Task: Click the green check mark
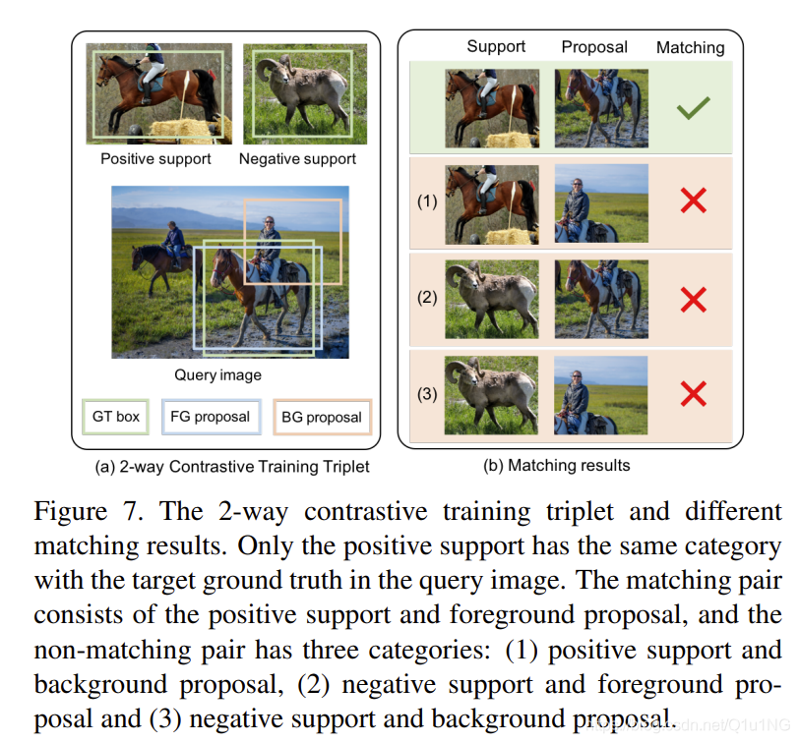pyautogui.click(x=693, y=107)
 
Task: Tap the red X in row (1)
pyautogui.click(x=694, y=200)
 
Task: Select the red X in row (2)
pyautogui.click(x=694, y=299)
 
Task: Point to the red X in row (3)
pyautogui.click(x=694, y=394)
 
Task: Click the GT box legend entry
pyautogui.click(x=116, y=417)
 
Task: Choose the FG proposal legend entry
pyautogui.click(x=211, y=417)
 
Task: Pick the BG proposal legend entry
pyautogui.click(x=322, y=418)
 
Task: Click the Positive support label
pyautogui.click(x=155, y=159)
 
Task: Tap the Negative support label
pyautogui.click(x=297, y=159)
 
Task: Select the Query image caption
pyautogui.click(x=217, y=375)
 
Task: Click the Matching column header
pyautogui.click(x=690, y=47)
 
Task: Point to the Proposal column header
pyautogui.click(x=594, y=47)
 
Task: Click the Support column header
pyautogui.click(x=496, y=46)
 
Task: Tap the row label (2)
pyautogui.click(x=427, y=297)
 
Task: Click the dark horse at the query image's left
pyautogui.click(x=154, y=264)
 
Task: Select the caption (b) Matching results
pyautogui.click(x=557, y=465)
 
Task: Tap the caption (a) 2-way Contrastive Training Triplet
pyautogui.click(x=232, y=467)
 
